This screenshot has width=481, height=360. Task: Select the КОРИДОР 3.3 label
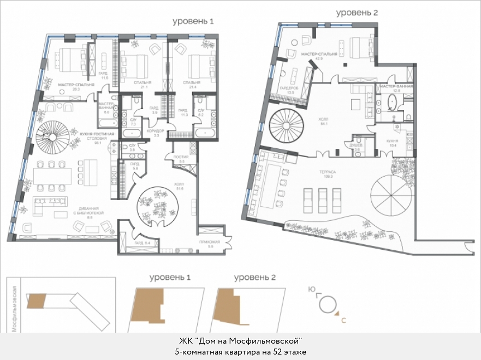coord(157,133)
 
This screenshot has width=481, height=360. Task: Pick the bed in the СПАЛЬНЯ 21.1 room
coord(134,67)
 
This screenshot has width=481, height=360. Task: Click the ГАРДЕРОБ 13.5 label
coord(287,91)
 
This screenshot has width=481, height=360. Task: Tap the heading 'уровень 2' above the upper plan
coord(357,12)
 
